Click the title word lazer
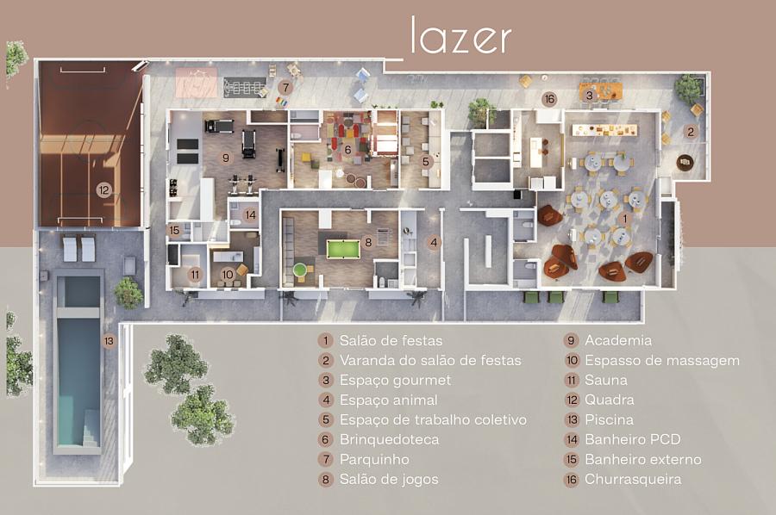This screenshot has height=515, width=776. point(460,37)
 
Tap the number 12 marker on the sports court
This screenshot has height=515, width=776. point(103,190)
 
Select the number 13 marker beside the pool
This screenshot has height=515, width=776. point(109,340)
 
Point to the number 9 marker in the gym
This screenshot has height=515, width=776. point(225,158)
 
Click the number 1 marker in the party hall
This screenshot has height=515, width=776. point(625,219)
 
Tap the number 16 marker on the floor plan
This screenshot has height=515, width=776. point(549,99)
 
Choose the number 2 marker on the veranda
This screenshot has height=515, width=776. point(691,132)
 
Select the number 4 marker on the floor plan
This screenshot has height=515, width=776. point(434,243)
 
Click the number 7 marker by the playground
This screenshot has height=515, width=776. point(285,87)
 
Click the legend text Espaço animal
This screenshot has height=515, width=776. point(388,400)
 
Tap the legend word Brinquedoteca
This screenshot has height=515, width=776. point(389,439)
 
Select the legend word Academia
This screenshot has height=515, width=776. point(618,340)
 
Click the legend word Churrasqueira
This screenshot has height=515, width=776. point(633,479)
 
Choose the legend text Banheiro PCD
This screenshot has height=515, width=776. point(632,439)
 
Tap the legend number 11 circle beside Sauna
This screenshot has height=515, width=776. point(571,380)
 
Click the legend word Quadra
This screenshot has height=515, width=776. point(609,400)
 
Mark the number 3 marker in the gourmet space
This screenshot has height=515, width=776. point(589,96)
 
